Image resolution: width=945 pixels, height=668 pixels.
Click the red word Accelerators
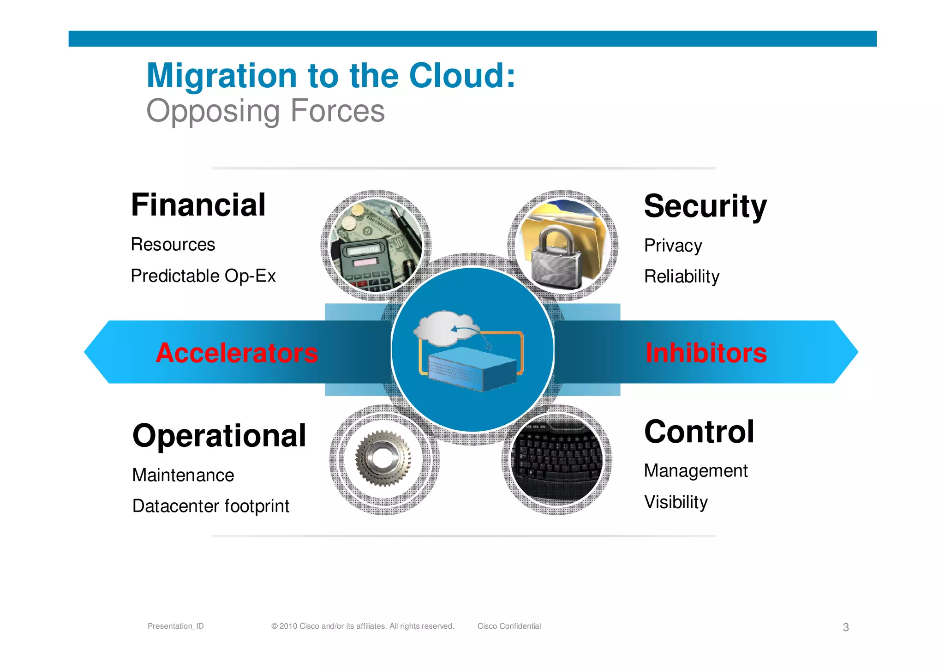(x=237, y=353)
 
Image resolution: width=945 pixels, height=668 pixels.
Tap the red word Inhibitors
(x=706, y=353)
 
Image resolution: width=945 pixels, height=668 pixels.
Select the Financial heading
(x=198, y=205)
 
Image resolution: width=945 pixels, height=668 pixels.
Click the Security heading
(x=705, y=206)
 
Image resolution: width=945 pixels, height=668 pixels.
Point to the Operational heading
(x=219, y=436)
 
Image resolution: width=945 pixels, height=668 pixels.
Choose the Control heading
(x=699, y=432)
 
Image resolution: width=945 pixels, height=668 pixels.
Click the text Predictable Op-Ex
(x=203, y=276)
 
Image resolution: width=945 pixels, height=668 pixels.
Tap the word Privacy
(x=672, y=246)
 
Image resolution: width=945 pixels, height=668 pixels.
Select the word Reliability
(x=681, y=277)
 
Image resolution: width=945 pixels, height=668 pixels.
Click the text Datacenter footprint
(x=210, y=506)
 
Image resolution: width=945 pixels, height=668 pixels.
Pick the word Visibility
(x=676, y=502)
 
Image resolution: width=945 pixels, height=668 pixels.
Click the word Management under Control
(x=695, y=471)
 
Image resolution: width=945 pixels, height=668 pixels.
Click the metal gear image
(x=383, y=458)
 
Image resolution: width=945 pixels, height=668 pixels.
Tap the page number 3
(x=845, y=627)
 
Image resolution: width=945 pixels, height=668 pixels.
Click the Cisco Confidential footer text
(x=508, y=626)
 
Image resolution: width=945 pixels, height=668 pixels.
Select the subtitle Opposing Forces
(x=265, y=111)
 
